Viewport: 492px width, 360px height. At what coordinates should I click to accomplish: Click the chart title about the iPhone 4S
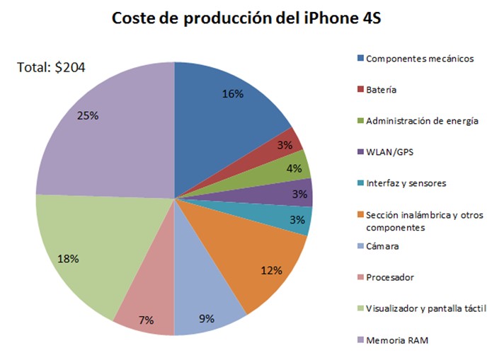[246, 19]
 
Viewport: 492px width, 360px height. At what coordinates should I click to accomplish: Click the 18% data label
[67, 258]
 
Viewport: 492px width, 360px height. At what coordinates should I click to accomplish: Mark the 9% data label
[207, 318]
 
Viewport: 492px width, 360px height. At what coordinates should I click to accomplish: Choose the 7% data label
[147, 320]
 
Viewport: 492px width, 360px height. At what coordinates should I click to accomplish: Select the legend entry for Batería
[381, 90]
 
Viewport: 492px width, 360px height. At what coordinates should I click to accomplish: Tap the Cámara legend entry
[382, 246]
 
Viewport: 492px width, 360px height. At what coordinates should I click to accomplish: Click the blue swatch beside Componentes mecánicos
[360, 59]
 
